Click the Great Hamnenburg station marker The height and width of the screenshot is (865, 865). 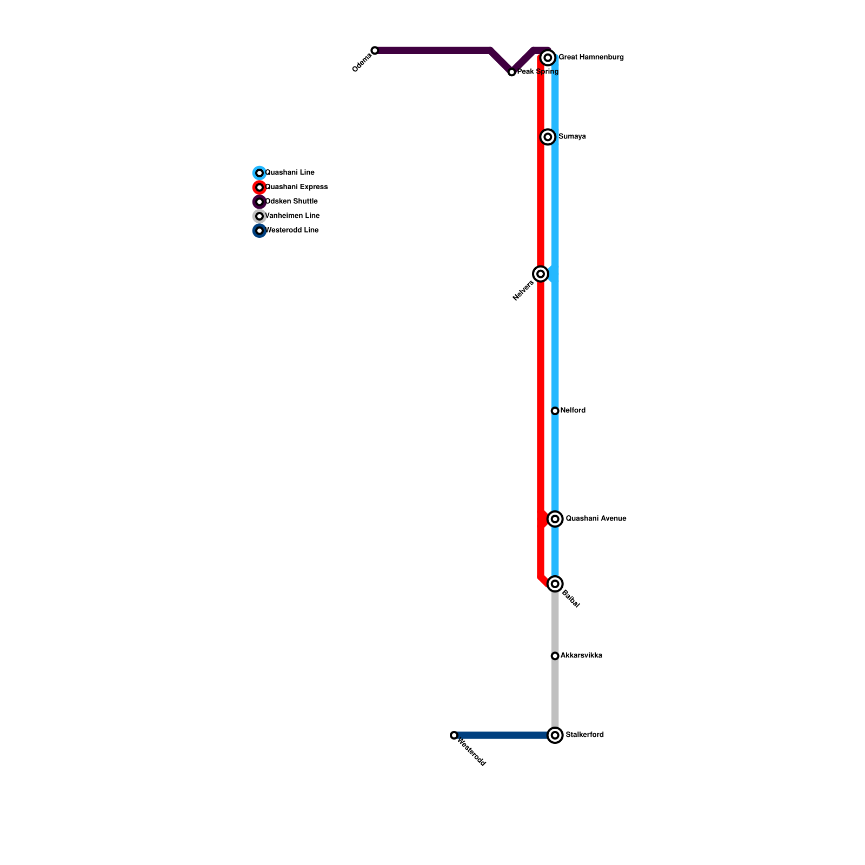[548, 57]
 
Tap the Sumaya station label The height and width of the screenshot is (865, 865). [572, 137]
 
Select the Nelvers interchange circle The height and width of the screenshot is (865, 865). [541, 274]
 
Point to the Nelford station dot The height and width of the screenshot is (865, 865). [555, 411]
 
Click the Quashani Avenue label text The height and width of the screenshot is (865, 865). [596, 519]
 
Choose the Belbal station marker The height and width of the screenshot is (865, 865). [555, 584]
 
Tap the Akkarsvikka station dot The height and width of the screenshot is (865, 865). [555, 656]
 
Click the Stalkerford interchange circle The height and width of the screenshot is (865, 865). [555, 735]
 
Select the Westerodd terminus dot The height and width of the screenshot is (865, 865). [454, 735]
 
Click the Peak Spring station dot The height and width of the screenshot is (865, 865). [512, 72]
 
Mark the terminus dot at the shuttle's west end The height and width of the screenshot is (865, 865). [375, 50]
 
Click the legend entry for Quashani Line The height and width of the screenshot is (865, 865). [289, 173]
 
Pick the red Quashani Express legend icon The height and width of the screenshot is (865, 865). [259, 188]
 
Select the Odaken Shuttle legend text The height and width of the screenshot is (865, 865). [291, 202]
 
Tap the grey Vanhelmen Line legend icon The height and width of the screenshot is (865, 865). [259, 216]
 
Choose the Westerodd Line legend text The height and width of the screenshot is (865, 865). [292, 230]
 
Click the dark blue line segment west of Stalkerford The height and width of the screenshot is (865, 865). [503, 735]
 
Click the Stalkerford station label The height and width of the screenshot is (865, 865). [584, 735]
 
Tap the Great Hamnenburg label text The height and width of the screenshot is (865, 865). [591, 57]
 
